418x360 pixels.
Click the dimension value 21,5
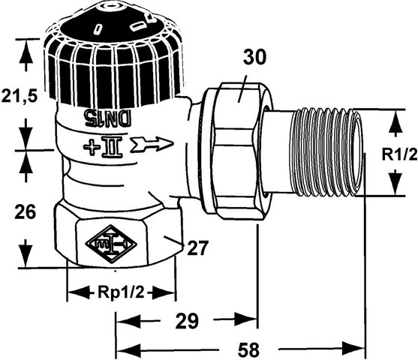(20, 96)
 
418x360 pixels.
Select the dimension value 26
(25, 211)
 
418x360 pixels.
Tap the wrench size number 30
(254, 57)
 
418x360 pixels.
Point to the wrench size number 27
(197, 247)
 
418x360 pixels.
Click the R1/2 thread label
(399, 154)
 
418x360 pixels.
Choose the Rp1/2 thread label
(121, 292)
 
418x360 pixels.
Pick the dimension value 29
(187, 320)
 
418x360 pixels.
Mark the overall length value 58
(248, 349)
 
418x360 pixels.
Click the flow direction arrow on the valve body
(152, 145)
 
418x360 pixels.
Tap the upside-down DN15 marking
(107, 117)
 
